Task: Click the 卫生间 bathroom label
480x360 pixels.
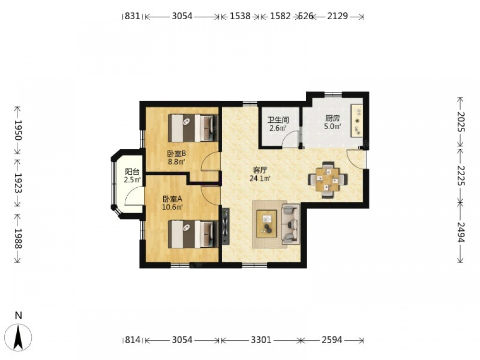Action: pos(278,120)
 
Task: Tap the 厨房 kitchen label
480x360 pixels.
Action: pos(332,118)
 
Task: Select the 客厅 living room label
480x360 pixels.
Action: pos(260,170)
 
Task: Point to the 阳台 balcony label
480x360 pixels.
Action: pos(132,172)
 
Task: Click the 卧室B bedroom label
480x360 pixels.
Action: pos(177,154)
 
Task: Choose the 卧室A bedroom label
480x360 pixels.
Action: pos(172,199)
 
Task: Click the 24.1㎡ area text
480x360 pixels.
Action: pos(260,179)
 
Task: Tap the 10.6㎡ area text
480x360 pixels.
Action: pos(172,207)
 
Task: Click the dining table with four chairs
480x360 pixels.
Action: pos(328,180)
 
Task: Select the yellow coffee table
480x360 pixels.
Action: pos(266,224)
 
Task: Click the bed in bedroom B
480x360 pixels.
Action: pos(193,128)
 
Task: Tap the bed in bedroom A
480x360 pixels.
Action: pos(193,234)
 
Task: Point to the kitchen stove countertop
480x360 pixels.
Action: pos(357,120)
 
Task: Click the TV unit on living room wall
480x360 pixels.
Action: pos(226,226)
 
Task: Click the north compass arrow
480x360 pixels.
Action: pos(19,337)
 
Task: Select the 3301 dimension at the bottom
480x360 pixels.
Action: pos(261,339)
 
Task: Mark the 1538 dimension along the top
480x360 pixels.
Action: pos(240,16)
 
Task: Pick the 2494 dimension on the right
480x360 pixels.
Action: pos(460,232)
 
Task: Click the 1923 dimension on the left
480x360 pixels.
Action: pos(18,183)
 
